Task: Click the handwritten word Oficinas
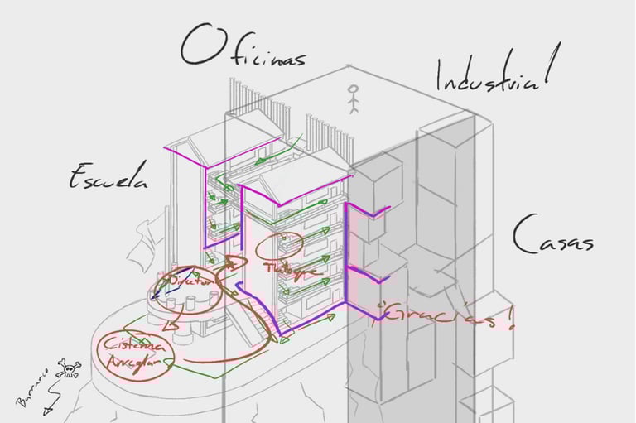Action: coord(243,50)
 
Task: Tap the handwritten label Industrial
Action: coord(492,75)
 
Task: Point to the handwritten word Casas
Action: coord(552,237)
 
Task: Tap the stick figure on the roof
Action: coord(355,99)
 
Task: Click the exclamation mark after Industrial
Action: coord(548,67)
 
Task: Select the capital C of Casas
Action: coord(523,235)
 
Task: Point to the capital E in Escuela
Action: coord(79,175)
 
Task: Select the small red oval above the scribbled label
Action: coord(290,243)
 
